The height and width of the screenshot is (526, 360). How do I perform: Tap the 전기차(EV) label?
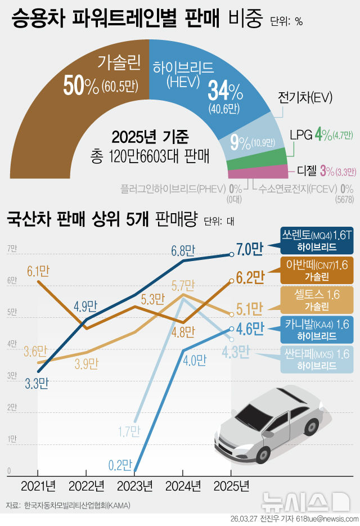(x=305, y=98)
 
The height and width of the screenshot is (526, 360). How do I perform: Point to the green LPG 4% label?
(x=321, y=135)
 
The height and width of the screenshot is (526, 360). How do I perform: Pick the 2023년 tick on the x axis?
(x=134, y=485)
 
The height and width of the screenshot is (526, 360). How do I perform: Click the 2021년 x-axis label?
(x=38, y=485)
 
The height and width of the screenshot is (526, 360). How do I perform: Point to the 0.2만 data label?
(x=120, y=464)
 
